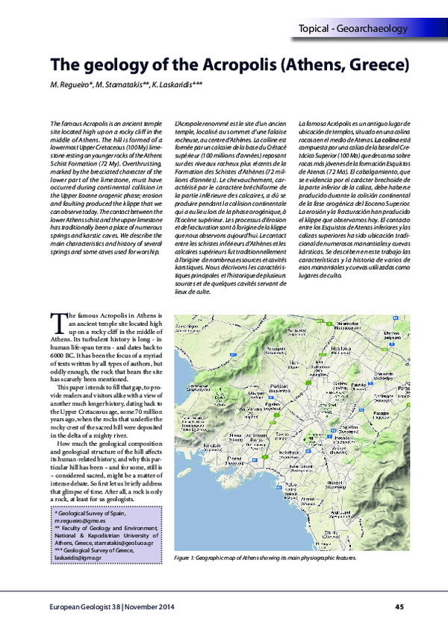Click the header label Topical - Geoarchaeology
pyautogui.click(x=352, y=29)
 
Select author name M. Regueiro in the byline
pyautogui.click(x=72, y=85)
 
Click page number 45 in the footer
pyautogui.click(x=399, y=605)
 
